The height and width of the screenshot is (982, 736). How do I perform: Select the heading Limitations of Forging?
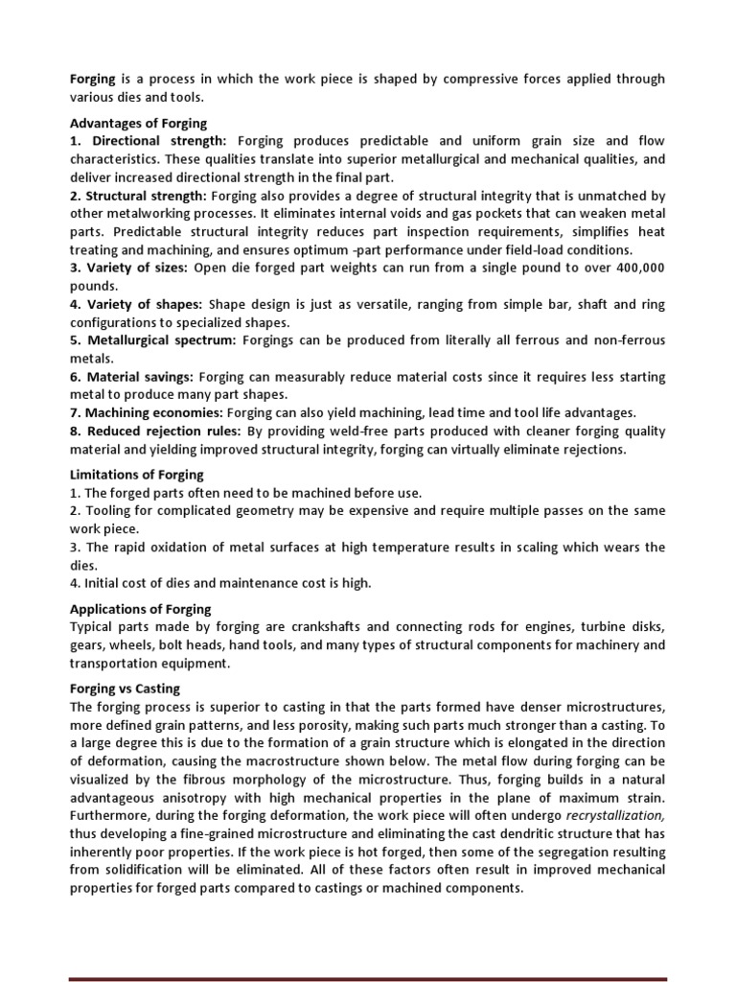click(x=138, y=475)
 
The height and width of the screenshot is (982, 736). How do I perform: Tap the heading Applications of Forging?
click(x=142, y=609)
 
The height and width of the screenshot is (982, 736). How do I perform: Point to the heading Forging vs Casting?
click(x=126, y=688)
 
